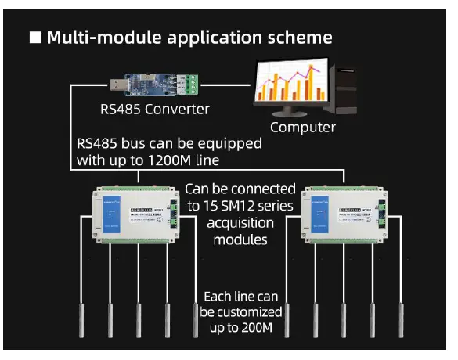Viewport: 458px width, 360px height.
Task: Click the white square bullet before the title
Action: coord(35,38)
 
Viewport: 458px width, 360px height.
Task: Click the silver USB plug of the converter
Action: coord(116,80)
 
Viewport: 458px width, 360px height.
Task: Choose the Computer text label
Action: coord(302,127)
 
